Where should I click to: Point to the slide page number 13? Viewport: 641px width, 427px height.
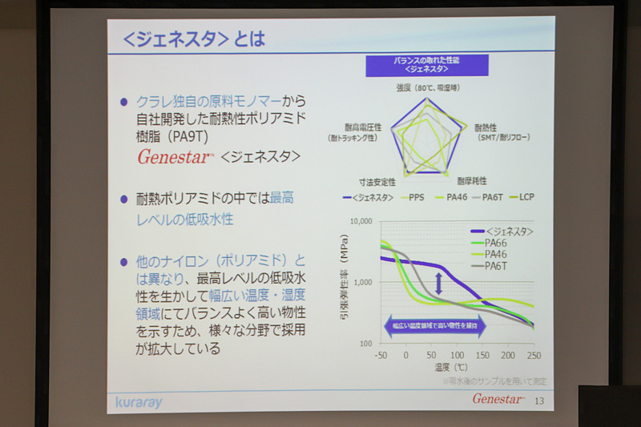coord(538,399)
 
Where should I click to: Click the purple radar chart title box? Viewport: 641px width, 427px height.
coord(415,64)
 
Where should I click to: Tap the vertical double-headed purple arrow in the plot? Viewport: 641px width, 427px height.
coord(438,282)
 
